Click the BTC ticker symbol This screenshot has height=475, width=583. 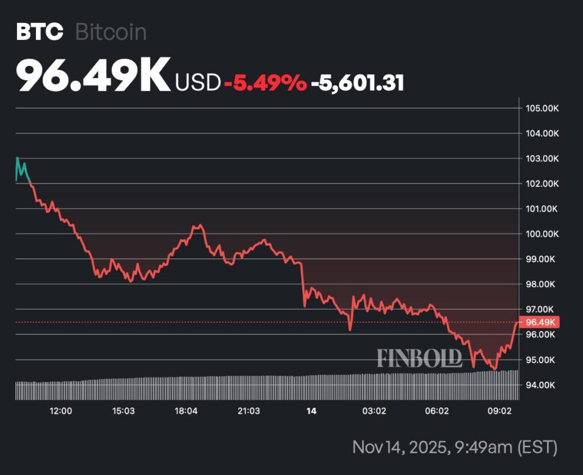coord(39,32)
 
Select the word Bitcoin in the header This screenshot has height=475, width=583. coord(110,32)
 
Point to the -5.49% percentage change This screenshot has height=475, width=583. coord(265,83)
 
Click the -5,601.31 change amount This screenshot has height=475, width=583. coord(357,83)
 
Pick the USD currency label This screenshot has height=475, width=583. coord(198,83)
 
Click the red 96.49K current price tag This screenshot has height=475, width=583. coord(540,322)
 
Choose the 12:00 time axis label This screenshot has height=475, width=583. coord(60,411)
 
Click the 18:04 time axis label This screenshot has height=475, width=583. coord(186,411)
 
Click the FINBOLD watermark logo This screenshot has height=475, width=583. coord(419,358)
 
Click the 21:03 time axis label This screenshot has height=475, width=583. coord(249,411)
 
